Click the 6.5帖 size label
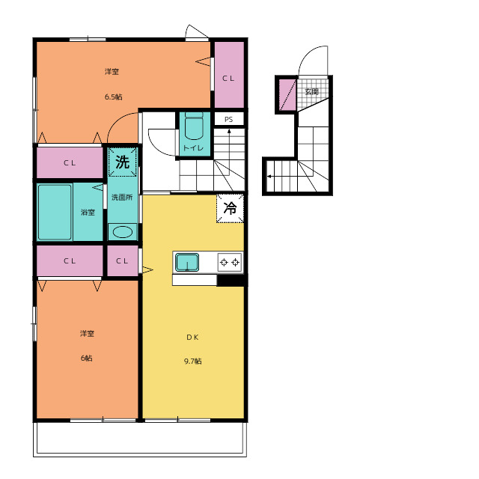(113, 97)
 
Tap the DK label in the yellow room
(193, 338)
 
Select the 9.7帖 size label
(193, 361)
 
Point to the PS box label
(229, 120)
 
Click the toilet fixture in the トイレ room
(194, 126)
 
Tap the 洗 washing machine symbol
(123, 162)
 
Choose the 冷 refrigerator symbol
(230, 208)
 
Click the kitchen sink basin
(187, 263)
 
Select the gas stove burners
(230, 263)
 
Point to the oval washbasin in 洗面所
(123, 232)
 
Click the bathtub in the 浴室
(55, 212)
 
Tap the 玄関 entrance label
(312, 91)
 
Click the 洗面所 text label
(122, 198)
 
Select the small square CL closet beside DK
(123, 261)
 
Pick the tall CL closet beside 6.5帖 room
(229, 75)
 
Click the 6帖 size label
(87, 358)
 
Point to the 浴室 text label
(88, 212)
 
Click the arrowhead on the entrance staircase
(269, 177)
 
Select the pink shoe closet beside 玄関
(287, 95)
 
